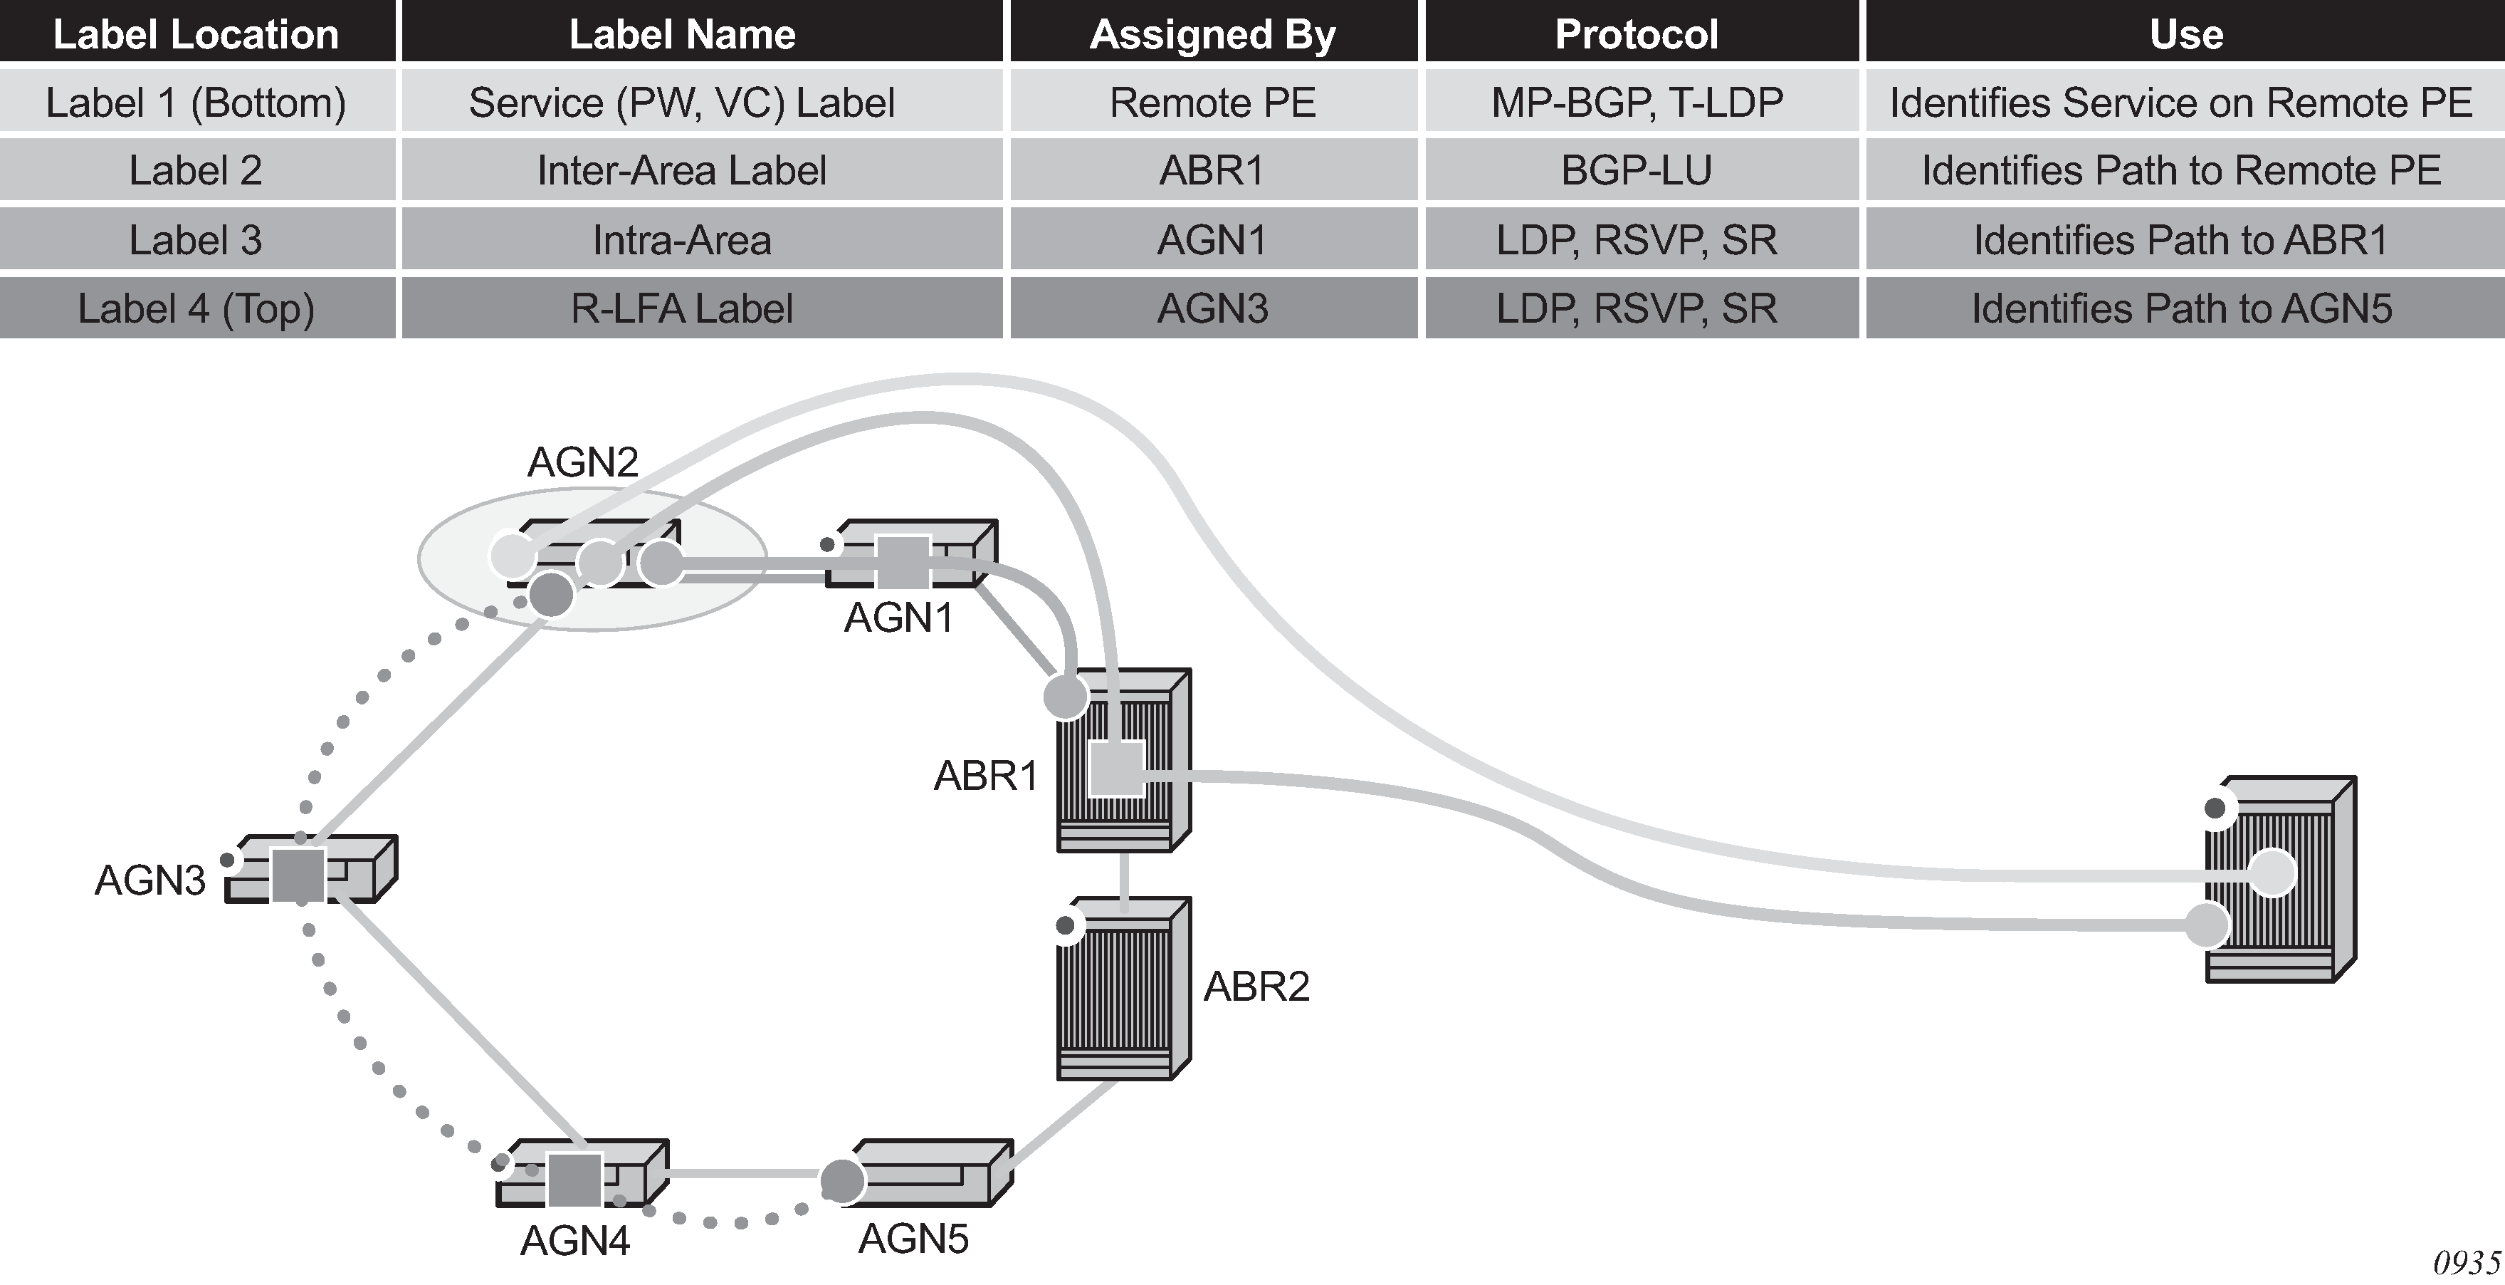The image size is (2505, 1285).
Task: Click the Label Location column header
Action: (x=196, y=34)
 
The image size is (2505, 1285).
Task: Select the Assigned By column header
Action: (x=1212, y=34)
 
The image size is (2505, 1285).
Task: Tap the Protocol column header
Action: (x=1637, y=34)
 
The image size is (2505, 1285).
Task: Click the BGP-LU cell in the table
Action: (x=1637, y=170)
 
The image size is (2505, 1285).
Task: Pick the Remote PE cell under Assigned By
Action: (x=1212, y=102)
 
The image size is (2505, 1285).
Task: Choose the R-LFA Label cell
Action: (x=682, y=308)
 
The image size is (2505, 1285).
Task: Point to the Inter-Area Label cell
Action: (x=682, y=170)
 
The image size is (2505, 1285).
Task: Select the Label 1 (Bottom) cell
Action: (x=196, y=102)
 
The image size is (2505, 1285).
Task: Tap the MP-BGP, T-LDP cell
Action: (x=1637, y=102)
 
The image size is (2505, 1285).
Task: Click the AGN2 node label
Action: (x=582, y=462)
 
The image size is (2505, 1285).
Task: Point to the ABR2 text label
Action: (x=1256, y=987)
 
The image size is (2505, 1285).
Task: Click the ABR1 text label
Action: (x=985, y=776)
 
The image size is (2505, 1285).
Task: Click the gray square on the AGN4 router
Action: (x=574, y=1179)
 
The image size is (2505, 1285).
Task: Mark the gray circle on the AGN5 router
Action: (x=842, y=1181)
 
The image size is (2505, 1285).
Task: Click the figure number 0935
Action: (x=2465, y=1263)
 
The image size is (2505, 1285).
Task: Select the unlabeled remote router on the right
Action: (x=2279, y=880)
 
